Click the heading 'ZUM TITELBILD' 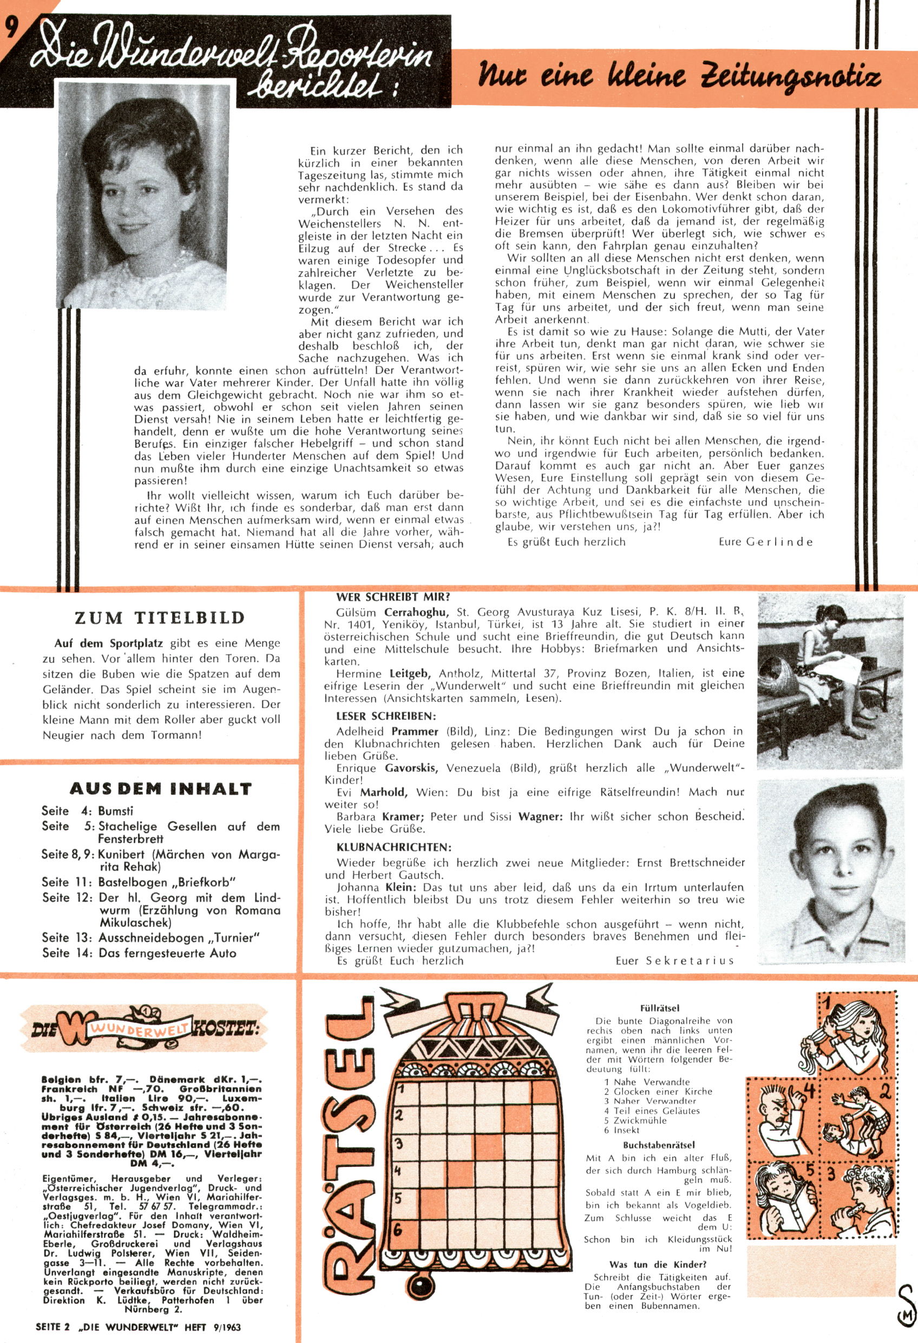(x=160, y=618)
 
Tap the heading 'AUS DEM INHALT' (x=161, y=789)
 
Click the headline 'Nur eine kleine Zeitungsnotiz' (x=679, y=77)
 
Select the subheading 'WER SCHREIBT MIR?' (x=393, y=597)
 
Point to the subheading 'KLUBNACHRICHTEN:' (x=394, y=847)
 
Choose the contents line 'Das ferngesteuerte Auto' (x=168, y=953)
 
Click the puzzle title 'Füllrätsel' (x=660, y=1008)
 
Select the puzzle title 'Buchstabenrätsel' (x=659, y=1145)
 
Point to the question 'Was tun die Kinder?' (x=658, y=1264)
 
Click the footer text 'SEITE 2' (x=53, y=1327)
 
